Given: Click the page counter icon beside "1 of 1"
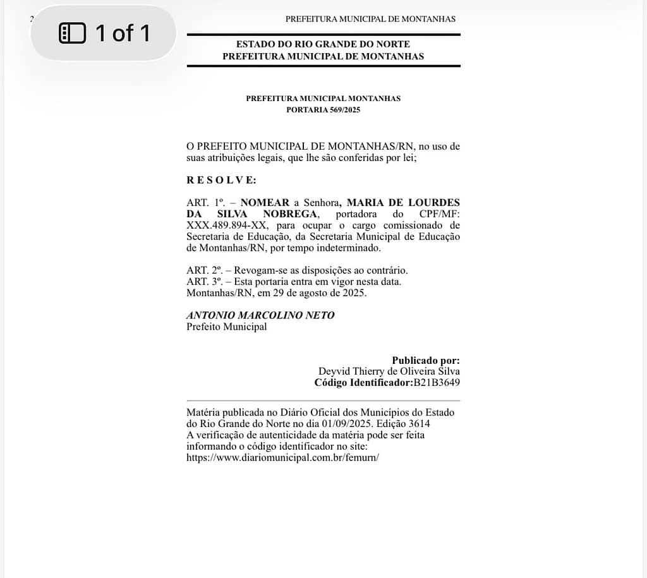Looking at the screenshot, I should coord(72,33).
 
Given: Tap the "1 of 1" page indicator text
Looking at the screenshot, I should coord(123,33).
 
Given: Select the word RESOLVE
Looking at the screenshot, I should coord(221,180).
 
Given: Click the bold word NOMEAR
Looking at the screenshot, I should coord(265,203).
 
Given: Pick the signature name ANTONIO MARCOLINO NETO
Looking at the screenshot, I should coord(260,315).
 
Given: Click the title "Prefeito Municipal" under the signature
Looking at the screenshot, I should coord(226,327).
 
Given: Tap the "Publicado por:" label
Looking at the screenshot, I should coord(426,360).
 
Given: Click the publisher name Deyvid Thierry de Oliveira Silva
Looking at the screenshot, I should coord(389,371).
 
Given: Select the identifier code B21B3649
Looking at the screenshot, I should coord(437,383).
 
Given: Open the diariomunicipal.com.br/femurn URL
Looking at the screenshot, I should coord(282,458).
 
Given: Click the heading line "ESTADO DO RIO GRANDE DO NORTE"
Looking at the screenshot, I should coord(323,44).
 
